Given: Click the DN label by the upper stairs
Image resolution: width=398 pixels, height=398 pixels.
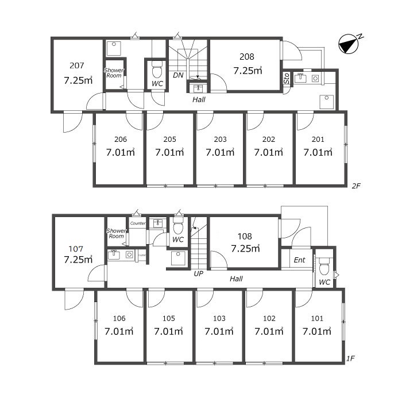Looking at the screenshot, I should pyautogui.click(x=178, y=75).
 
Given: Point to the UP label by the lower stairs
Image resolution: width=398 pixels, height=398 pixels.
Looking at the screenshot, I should pyautogui.click(x=199, y=273).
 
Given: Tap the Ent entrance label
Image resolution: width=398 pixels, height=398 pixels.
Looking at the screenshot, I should pyautogui.click(x=299, y=260).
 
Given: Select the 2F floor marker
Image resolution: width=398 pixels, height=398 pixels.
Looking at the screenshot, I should pyautogui.click(x=356, y=186).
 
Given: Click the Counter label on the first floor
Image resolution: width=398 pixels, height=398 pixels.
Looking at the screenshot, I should pyautogui.click(x=137, y=223).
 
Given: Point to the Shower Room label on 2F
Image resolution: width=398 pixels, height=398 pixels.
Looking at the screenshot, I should pyautogui.click(x=114, y=73).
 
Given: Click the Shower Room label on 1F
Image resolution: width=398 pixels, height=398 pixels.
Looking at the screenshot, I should pyautogui.click(x=116, y=233).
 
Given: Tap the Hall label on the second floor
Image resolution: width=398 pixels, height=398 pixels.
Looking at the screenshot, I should pyautogui.click(x=199, y=99).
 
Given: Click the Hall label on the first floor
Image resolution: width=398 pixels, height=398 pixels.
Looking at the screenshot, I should pyautogui.click(x=236, y=279).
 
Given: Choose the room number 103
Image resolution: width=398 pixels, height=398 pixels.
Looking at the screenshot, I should pyautogui.click(x=219, y=318).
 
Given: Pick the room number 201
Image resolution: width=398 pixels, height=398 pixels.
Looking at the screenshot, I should pyautogui.click(x=318, y=139).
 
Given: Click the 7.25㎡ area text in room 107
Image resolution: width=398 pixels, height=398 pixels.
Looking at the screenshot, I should pyautogui.click(x=78, y=259).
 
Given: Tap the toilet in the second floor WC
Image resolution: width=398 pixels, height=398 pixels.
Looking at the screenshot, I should pyautogui.click(x=157, y=72).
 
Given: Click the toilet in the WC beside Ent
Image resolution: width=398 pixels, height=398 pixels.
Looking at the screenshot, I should pyautogui.click(x=324, y=265).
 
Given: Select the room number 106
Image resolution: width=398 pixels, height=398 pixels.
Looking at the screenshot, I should pyautogui.click(x=119, y=318).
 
